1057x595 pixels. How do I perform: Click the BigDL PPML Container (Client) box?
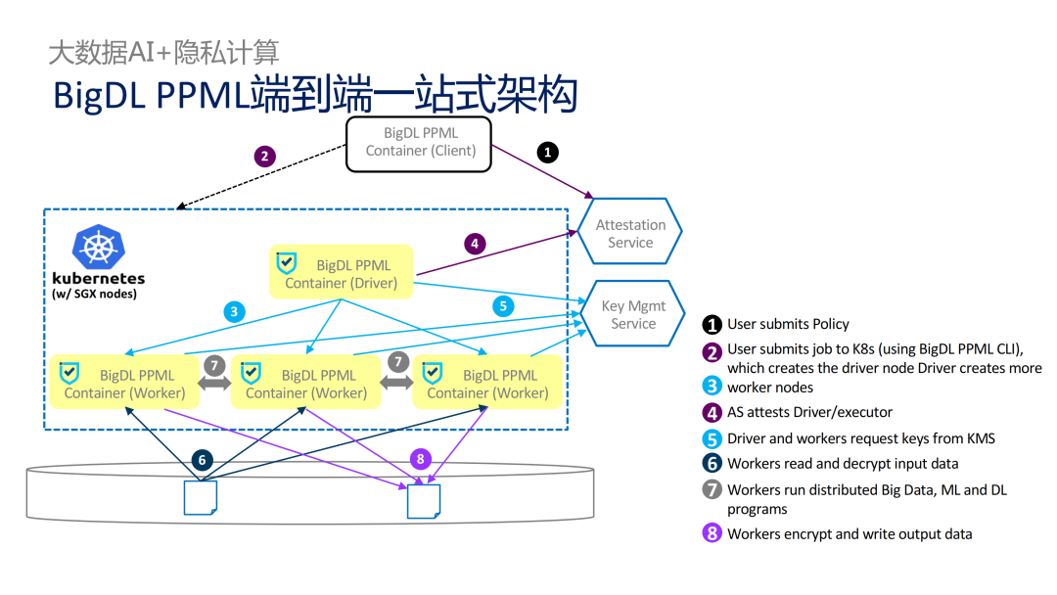[x=420, y=143]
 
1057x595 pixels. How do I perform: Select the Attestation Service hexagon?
[x=630, y=233]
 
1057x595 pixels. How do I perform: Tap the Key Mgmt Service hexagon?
[x=632, y=314]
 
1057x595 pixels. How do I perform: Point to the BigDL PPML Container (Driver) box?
[x=341, y=273]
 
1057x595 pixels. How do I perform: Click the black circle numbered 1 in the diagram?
[x=548, y=152]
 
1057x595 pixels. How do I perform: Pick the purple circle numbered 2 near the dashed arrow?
[x=263, y=156]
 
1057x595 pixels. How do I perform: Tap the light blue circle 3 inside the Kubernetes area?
[x=233, y=313]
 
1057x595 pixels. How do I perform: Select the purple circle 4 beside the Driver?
[x=475, y=243]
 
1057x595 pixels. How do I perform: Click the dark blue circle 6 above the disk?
[x=203, y=460]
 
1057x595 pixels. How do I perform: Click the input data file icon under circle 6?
[x=201, y=497]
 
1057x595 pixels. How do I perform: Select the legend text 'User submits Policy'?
[x=788, y=324]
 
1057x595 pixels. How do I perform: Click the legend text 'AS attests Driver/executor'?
[x=809, y=412]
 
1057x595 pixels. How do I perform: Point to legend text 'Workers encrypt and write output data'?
[x=850, y=533]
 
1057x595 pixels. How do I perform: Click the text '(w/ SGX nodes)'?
[x=94, y=294]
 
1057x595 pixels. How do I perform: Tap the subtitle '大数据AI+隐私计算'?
[x=163, y=52]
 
